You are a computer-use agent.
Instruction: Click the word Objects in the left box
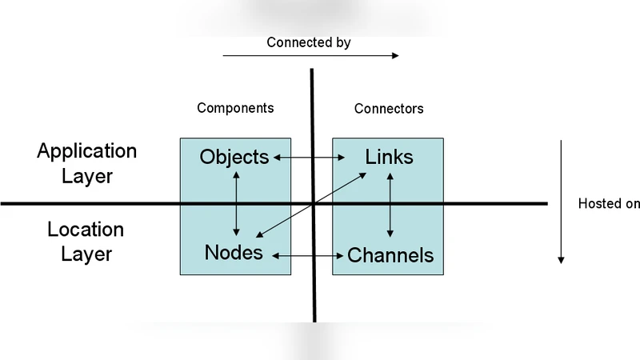(x=234, y=158)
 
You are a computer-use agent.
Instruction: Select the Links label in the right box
(x=389, y=158)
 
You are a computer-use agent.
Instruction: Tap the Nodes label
(x=234, y=253)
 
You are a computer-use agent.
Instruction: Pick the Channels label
(x=390, y=256)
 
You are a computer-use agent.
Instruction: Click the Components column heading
(x=235, y=108)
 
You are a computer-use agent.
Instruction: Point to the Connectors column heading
(x=389, y=109)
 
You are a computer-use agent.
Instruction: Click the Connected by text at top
(x=308, y=42)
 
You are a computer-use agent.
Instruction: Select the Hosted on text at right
(x=609, y=204)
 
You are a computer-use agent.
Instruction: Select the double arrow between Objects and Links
(x=312, y=158)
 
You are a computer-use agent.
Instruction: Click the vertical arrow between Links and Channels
(x=390, y=204)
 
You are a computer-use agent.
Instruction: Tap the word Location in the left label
(x=86, y=230)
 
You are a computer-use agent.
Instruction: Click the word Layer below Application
(x=87, y=176)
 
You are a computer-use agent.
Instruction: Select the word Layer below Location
(x=86, y=254)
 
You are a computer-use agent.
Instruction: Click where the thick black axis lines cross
(x=313, y=204)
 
